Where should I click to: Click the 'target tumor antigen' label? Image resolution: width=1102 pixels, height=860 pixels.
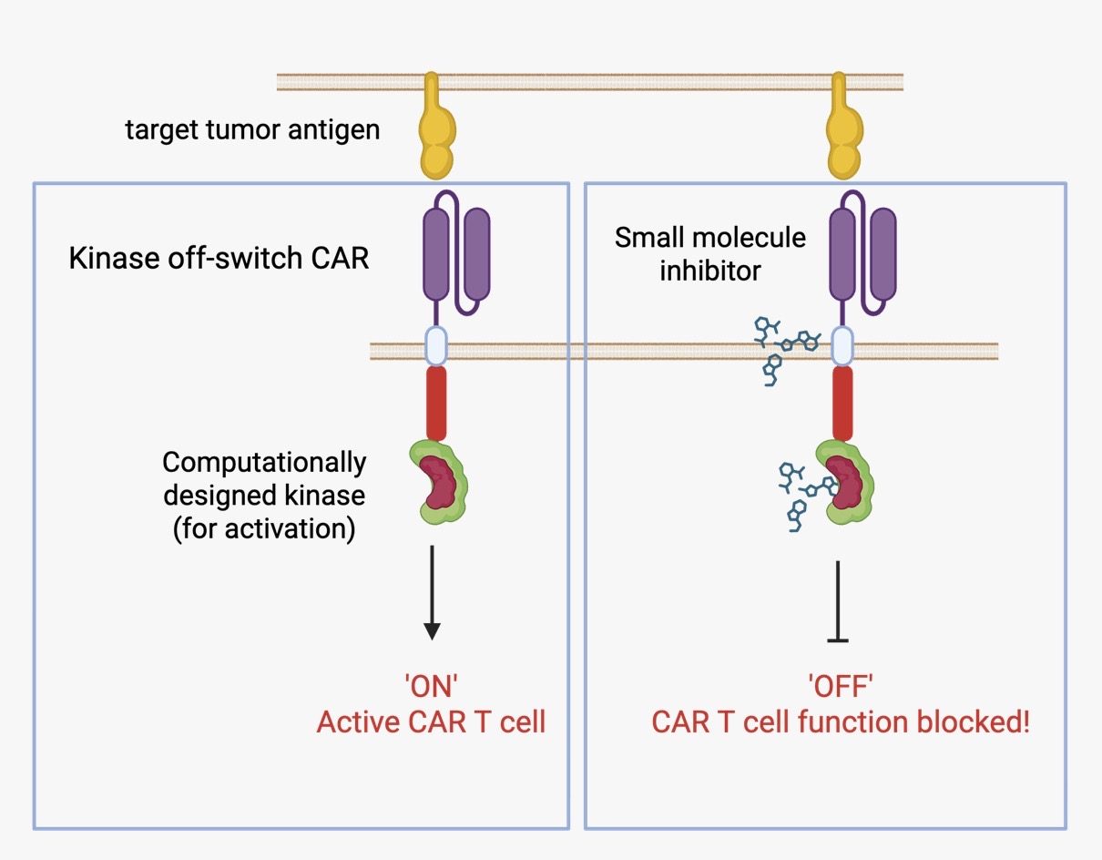(x=252, y=129)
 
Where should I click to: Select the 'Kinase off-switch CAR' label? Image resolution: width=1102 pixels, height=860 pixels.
(x=219, y=258)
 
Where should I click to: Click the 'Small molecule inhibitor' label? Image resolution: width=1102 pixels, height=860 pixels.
(x=709, y=253)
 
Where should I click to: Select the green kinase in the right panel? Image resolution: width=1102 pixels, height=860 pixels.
(x=846, y=480)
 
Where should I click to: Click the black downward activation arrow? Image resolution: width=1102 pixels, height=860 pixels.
(x=432, y=592)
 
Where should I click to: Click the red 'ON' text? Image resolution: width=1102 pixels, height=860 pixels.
(x=432, y=688)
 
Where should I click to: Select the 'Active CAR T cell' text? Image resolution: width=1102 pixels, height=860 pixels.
(x=431, y=722)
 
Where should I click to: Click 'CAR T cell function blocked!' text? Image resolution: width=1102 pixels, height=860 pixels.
(x=841, y=722)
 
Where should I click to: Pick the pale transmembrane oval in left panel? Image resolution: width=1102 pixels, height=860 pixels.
(x=437, y=347)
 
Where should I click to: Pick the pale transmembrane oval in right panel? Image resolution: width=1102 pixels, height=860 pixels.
(x=843, y=347)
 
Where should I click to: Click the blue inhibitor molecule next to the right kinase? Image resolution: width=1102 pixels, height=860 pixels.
(x=795, y=496)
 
